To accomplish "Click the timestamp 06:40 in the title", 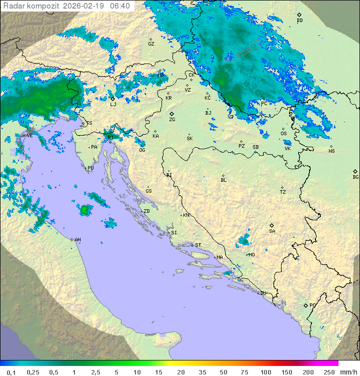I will tap(120, 6).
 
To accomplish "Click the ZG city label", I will tap(172, 120).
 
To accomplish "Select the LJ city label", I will tap(113, 104).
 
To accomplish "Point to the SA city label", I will tap(272, 231).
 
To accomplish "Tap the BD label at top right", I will tap(299, 21).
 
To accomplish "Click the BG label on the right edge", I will tap(355, 177).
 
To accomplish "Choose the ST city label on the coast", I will tap(198, 245).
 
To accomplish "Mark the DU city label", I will tap(262, 293).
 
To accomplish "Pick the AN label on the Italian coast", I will tap(77, 240).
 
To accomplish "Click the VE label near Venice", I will tap(29, 135).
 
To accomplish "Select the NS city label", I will tap(331, 151).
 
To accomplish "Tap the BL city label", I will tap(223, 180).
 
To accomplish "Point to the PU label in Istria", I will tap(90, 168).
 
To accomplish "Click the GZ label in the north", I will tap(151, 44).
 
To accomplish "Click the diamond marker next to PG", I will tap(305, 305).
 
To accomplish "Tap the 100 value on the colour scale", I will tap(265, 372).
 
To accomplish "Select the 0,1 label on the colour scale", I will tap(11, 372).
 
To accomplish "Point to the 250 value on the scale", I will tap(329, 372).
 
